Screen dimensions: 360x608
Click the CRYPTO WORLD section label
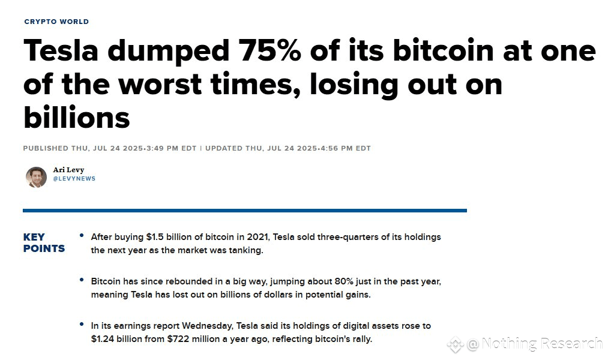(x=56, y=22)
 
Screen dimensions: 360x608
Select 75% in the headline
(x=268, y=52)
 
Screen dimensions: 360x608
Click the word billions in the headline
(x=76, y=117)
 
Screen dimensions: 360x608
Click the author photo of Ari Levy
(x=36, y=177)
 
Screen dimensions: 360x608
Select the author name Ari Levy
(x=68, y=170)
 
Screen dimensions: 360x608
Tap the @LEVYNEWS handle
(x=74, y=179)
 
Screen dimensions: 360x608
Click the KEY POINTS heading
(x=44, y=242)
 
